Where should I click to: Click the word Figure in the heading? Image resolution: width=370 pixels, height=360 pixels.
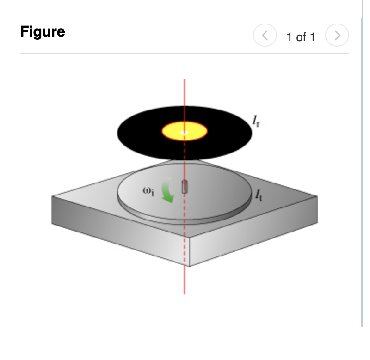pos(43,32)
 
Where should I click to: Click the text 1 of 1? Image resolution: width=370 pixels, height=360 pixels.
pos(301,37)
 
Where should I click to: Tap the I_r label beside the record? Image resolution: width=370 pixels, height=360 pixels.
pos(256,121)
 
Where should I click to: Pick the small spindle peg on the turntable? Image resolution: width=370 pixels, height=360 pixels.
pos(185,186)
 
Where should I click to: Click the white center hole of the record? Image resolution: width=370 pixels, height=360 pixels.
pos(185,132)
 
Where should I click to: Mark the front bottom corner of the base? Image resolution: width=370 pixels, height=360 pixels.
pos(189,266)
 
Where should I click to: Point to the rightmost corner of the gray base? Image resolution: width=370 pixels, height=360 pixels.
pos(318,196)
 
